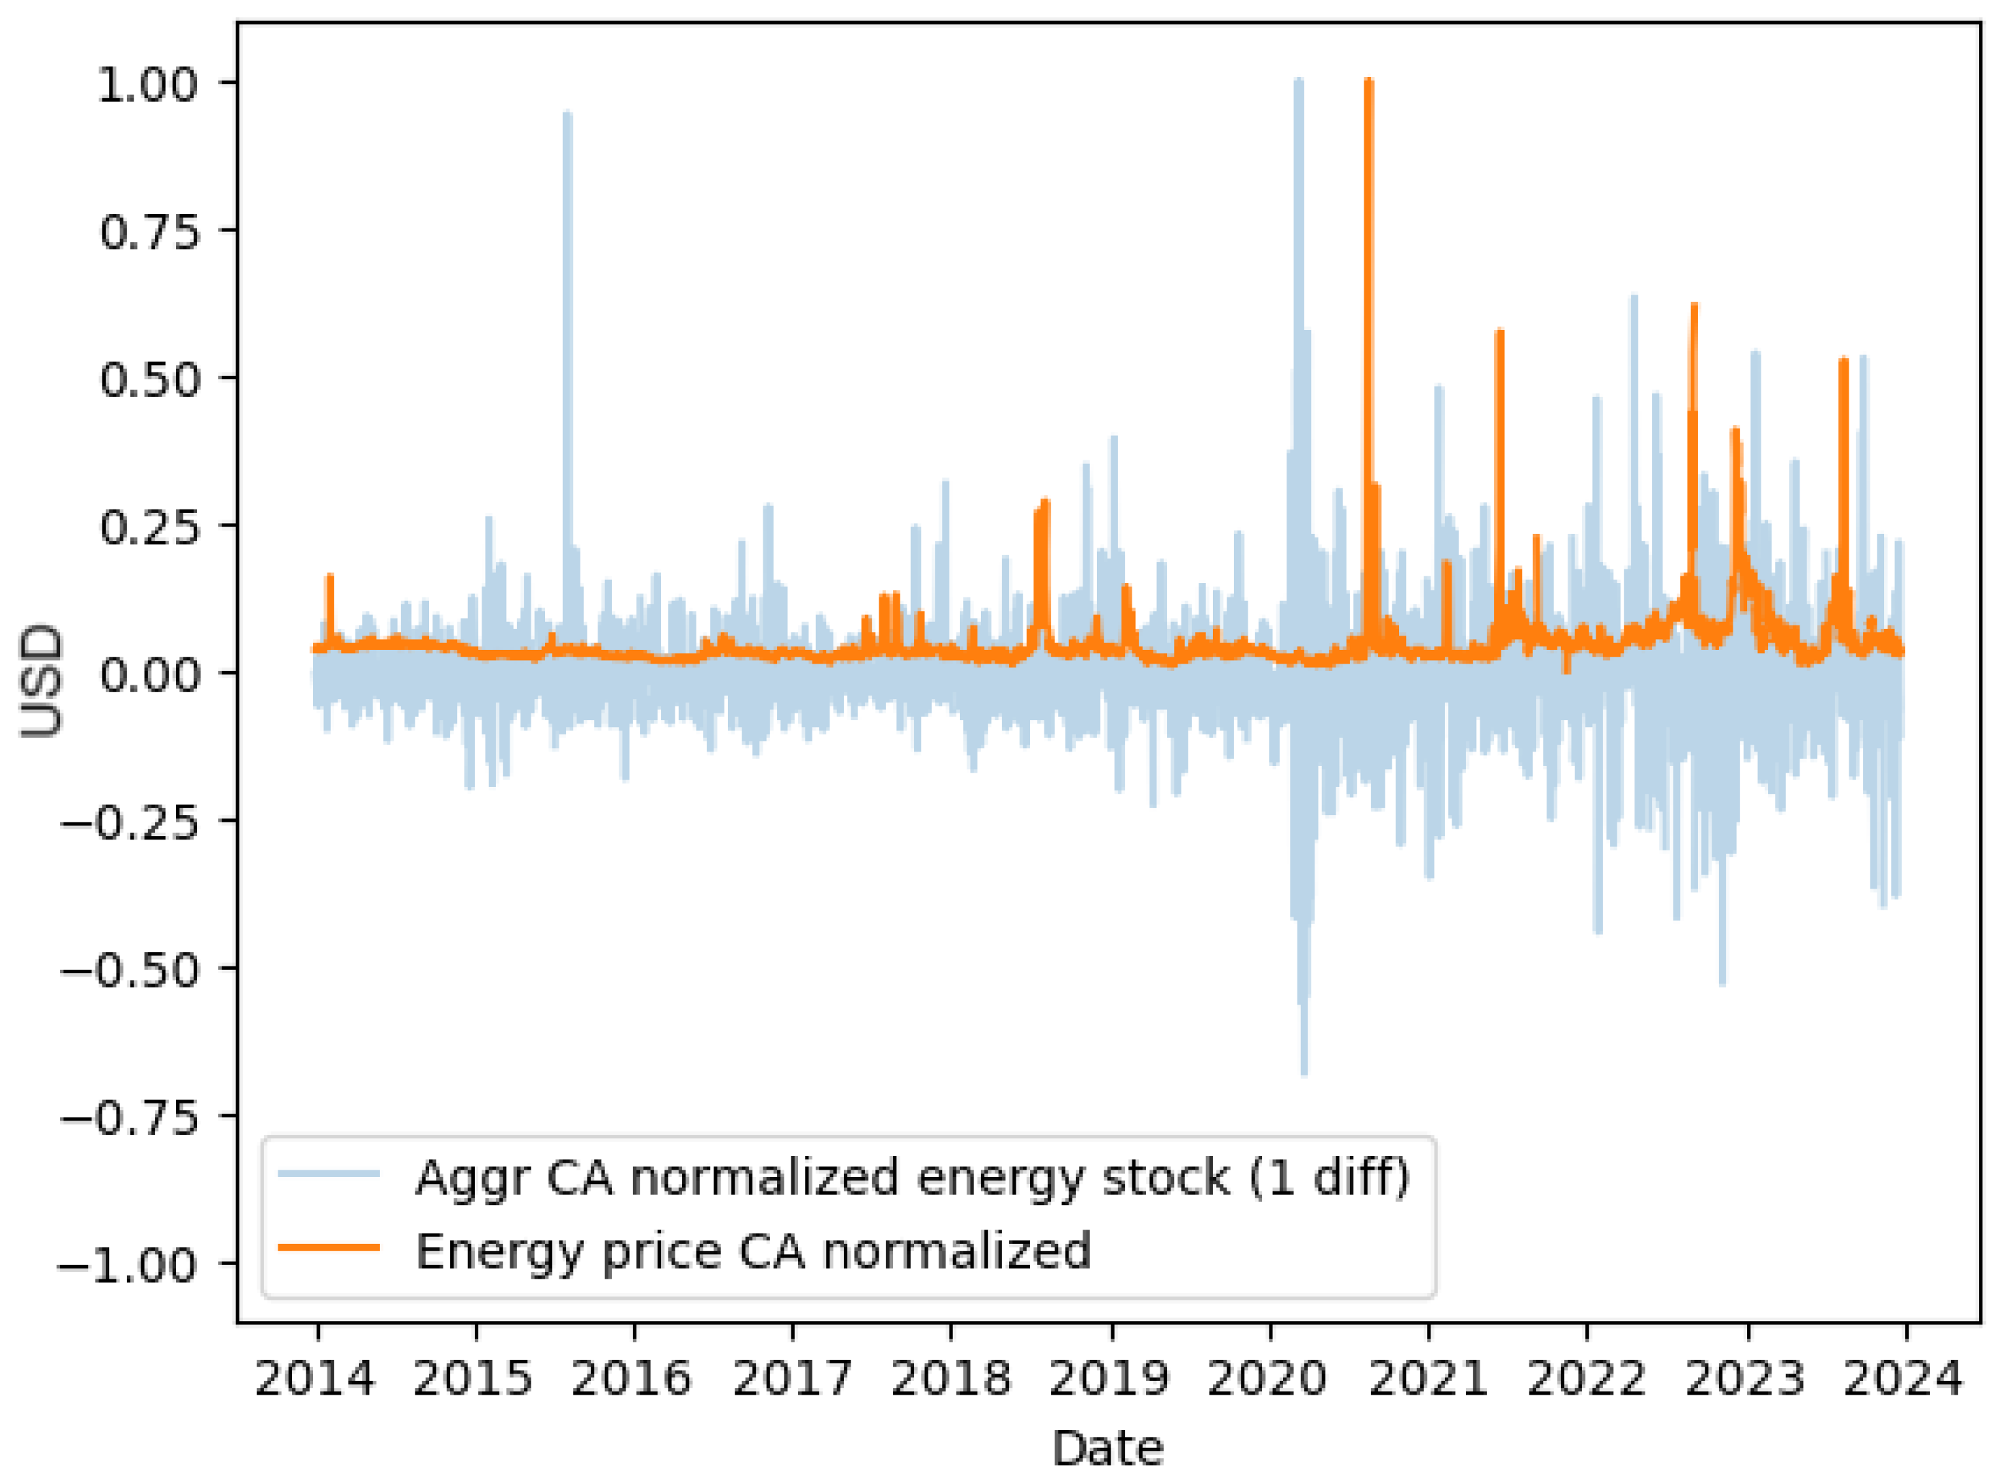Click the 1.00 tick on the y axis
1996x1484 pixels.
[x=147, y=85]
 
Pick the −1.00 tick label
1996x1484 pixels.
[x=128, y=1266]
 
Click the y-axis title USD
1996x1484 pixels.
[x=42, y=680]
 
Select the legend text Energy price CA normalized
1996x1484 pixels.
[x=753, y=1251]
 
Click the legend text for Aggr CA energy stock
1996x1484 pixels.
[x=912, y=1177]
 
